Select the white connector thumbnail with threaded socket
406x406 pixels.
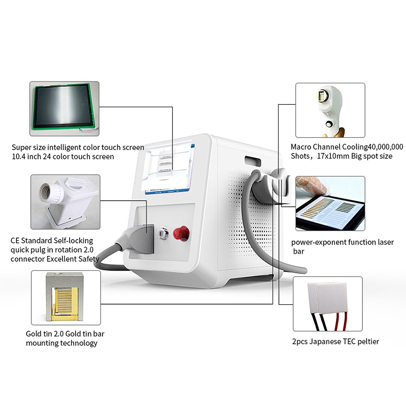[65, 202]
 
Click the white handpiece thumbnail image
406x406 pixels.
[330, 110]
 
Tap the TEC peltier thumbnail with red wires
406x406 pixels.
[327, 304]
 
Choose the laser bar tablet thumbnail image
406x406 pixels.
[330, 203]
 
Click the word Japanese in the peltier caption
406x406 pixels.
[326, 341]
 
